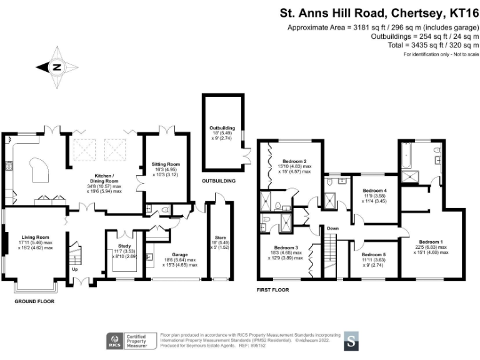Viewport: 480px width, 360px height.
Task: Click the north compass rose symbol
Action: pos(57,67)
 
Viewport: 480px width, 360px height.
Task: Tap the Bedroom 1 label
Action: pos(431,242)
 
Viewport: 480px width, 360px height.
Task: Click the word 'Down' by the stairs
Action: pos(332,228)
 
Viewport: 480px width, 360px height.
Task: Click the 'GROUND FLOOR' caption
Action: pos(34,301)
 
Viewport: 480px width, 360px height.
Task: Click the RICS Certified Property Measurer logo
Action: pos(129,341)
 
